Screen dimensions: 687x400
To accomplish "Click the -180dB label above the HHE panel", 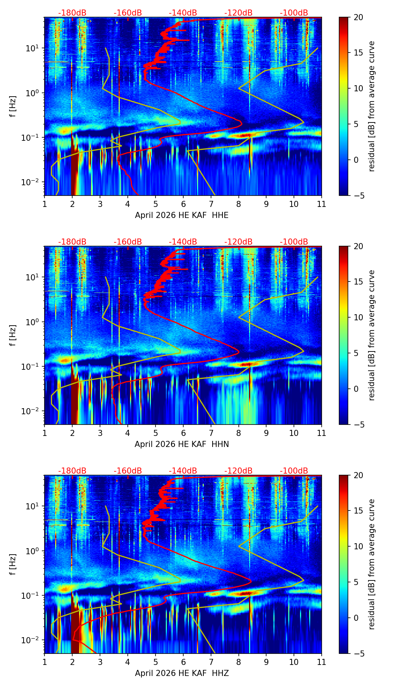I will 72,13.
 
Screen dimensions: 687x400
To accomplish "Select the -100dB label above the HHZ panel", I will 294,471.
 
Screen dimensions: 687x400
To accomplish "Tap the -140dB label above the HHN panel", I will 183,242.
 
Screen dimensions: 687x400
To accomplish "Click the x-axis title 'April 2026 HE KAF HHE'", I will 182,215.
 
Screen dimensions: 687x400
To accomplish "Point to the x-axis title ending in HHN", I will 182,444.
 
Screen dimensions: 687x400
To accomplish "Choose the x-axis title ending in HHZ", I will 182,673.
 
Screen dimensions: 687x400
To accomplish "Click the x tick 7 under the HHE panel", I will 211,204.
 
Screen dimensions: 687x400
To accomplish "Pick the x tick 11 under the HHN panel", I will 321,433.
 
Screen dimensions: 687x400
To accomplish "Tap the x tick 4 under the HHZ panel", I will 128,662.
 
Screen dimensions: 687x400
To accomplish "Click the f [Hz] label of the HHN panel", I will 13,335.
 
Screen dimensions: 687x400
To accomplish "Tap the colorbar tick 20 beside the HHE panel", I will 358,17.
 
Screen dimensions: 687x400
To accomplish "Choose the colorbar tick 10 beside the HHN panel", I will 358,317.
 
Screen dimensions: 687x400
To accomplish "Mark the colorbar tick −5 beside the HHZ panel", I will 358,654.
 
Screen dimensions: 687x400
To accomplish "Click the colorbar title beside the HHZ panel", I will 371,564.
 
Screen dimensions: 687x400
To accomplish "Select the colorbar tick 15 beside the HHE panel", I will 358,53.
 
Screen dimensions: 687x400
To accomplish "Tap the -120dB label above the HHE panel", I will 238,13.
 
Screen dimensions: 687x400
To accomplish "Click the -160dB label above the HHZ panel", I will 128,471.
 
